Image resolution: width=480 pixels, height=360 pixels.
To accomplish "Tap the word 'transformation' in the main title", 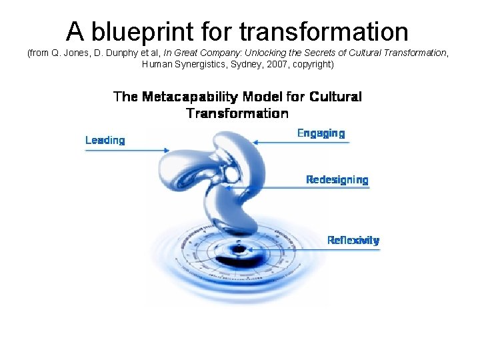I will tap(323, 31).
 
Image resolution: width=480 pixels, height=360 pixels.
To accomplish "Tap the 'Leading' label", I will tap(105, 140).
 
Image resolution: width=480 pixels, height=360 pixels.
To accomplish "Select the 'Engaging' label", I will tap(321, 133).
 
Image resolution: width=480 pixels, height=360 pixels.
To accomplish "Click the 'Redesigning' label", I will tap(337, 179).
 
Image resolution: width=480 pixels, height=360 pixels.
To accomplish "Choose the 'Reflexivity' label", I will tap(353, 240).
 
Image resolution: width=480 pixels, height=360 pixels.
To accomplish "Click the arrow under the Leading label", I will tap(127, 150).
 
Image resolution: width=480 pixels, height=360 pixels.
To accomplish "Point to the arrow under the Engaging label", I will tap(300, 141).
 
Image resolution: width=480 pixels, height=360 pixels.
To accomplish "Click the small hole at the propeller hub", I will tap(231, 175).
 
